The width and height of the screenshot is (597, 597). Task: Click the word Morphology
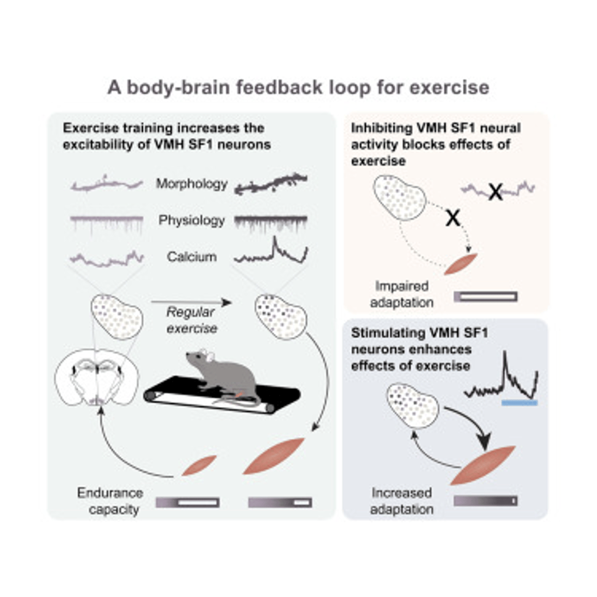coord(192,184)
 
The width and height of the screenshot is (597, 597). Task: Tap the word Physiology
coord(192,220)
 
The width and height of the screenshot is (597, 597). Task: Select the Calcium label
coord(192,257)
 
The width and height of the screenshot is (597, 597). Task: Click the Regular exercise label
coord(192,320)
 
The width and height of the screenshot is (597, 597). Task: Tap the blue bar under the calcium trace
coord(519,403)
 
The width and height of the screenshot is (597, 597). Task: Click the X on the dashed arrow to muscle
coord(453,217)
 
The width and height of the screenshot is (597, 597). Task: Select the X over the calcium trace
coord(495,192)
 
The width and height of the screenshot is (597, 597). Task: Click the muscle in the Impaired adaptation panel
coord(460,264)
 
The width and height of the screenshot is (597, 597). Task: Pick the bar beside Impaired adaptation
coord(486,297)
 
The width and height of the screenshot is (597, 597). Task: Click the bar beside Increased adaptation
coord(486,500)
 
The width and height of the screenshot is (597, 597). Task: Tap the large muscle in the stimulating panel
coord(483,465)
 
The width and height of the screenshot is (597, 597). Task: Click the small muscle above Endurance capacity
coord(199,465)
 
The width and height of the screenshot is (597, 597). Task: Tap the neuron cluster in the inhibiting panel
coord(399,199)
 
